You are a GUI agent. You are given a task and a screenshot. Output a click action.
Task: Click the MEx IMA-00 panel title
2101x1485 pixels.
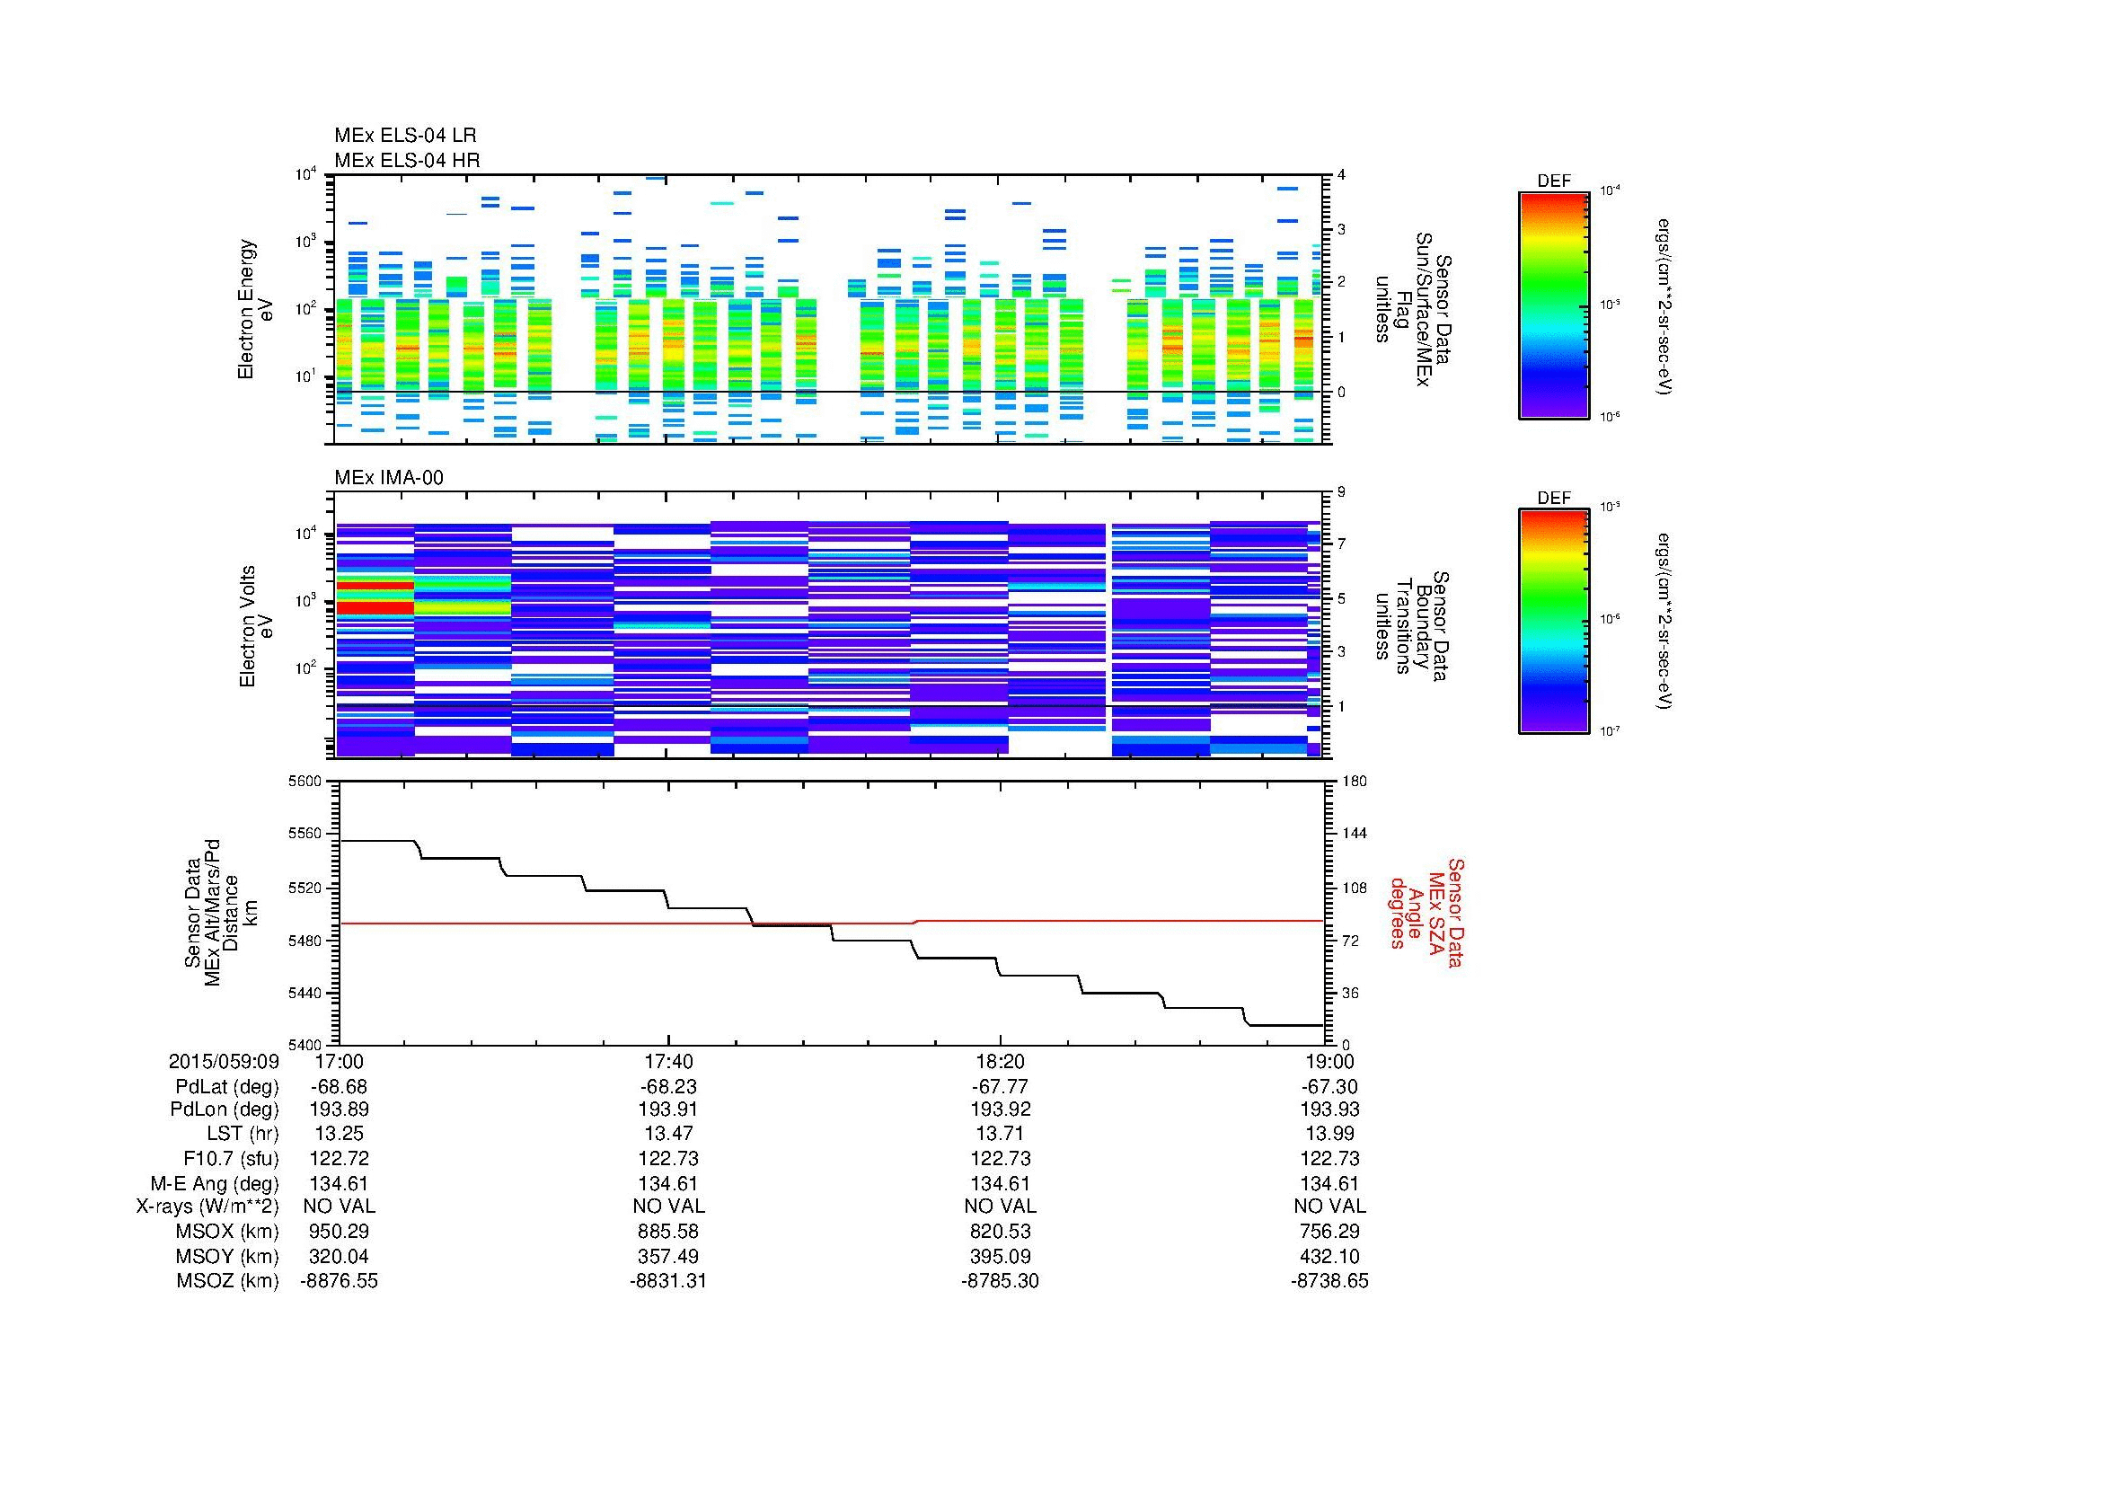coord(388,478)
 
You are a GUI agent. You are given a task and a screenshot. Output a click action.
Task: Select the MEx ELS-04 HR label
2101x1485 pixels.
coord(406,160)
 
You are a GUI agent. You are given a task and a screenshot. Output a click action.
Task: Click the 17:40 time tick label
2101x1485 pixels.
coord(668,1061)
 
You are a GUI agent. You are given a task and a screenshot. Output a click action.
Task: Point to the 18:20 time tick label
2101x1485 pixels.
coord(999,1061)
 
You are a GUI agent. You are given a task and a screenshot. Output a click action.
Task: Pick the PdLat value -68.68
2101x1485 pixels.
coord(339,1087)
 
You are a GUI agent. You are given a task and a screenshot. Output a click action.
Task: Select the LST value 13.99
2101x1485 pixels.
coord(1329,1134)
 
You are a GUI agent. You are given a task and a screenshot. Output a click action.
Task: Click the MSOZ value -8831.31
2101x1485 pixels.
coord(668,1281)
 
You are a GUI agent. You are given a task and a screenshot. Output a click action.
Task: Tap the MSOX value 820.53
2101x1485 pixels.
coord(999,1232)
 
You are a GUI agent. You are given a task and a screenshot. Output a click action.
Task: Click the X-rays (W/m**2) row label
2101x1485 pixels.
coord(207,1207)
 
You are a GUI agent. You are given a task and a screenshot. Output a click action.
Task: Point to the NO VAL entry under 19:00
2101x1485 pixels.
coord(1329,1207)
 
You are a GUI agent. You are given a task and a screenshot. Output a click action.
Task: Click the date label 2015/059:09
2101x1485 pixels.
coord(224,1061)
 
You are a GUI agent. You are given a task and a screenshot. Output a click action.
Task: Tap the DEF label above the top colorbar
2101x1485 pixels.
coord(1553,181)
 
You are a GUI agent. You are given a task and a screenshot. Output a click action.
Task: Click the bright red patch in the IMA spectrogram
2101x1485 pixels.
coord(375,607)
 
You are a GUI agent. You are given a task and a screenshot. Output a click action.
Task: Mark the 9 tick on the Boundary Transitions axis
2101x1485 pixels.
coord(1340,492)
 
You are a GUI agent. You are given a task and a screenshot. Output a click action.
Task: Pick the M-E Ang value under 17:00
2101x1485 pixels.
coord(339,1183)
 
